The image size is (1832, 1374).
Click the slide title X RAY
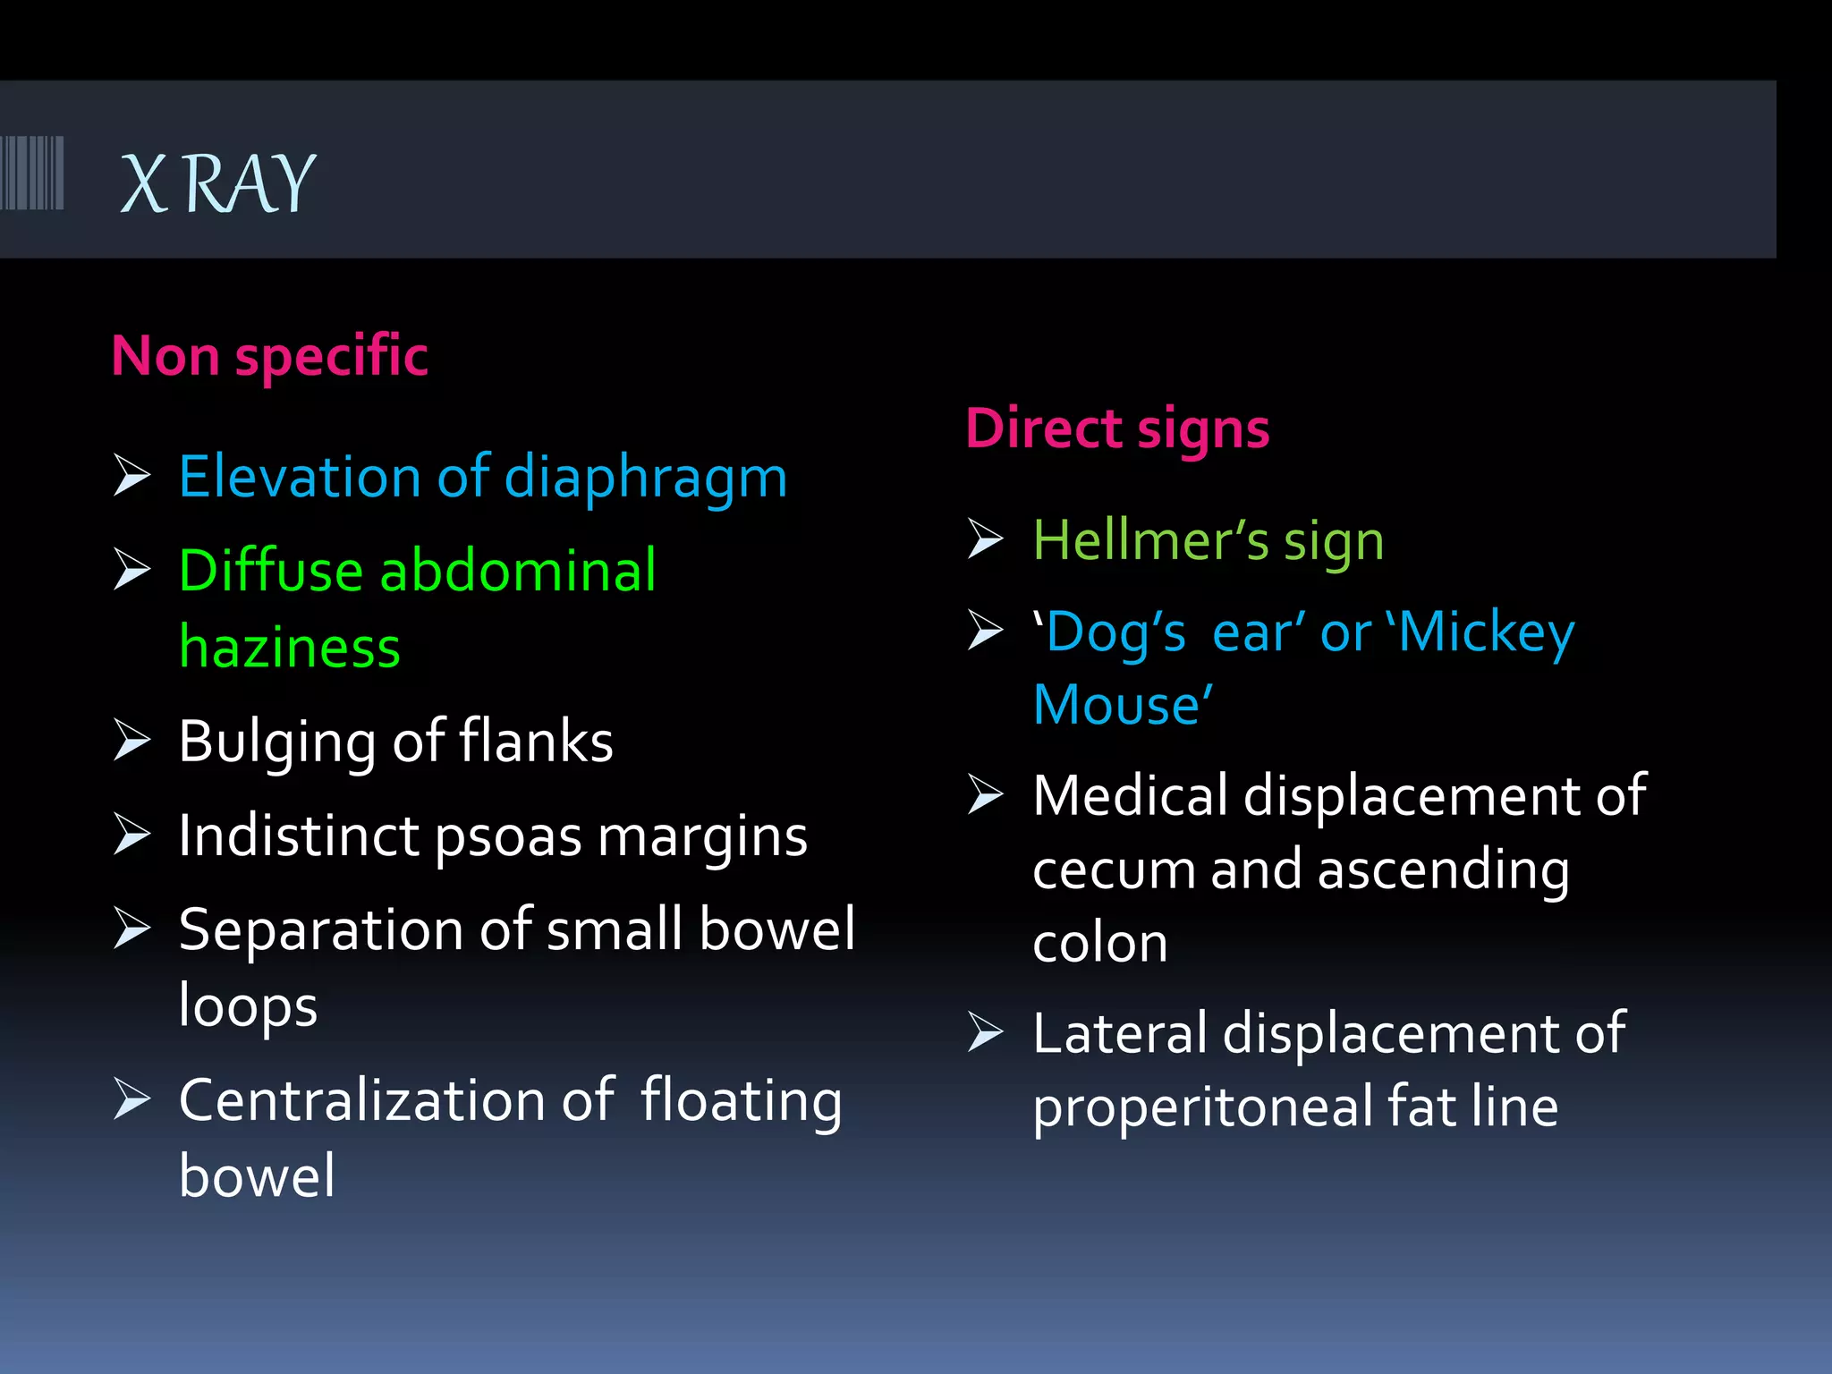point(217,183)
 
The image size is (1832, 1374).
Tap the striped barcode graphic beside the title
point(32,173)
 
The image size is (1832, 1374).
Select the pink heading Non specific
point(269,356)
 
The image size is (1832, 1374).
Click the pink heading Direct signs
point(1117,428)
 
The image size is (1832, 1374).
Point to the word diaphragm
point(645,477)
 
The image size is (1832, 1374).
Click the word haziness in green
point(289,647)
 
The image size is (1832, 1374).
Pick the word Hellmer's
point(1151,540)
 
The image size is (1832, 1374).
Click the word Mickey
point(1486,633)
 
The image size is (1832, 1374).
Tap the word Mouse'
point(1123,705)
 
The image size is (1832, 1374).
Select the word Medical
point(1130,795)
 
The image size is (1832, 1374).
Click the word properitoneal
point(1202,1107)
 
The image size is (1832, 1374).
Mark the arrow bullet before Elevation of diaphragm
point(132,475)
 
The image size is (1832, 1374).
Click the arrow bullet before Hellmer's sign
point(986,539)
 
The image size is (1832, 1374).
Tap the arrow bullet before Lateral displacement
point(986,1032)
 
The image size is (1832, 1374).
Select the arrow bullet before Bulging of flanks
point(132,740)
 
